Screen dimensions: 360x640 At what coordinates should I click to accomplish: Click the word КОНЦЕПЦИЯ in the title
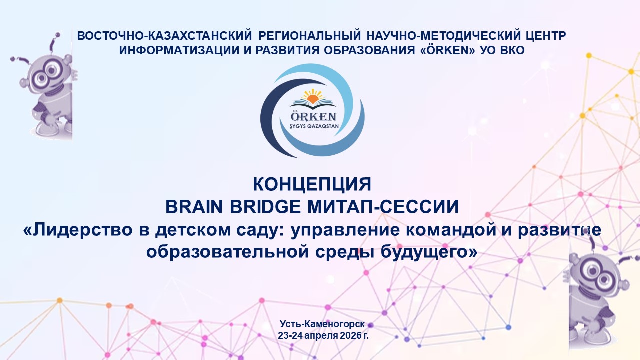[x=312, y=184]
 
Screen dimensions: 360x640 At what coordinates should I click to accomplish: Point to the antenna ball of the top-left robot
[x=58, y=35]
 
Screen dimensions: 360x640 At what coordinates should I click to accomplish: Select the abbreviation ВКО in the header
[x=512, y=50]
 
